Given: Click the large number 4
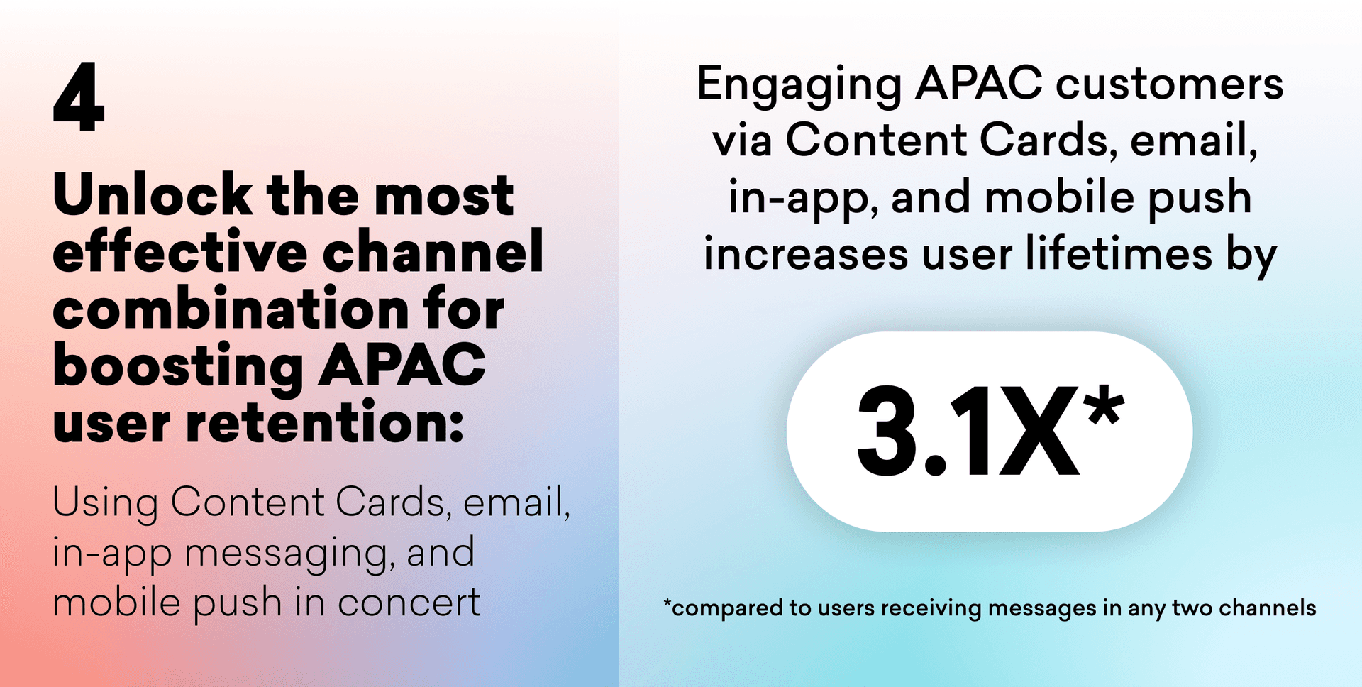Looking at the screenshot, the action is [79, 97].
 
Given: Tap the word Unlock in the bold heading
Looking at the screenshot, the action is [153, 194].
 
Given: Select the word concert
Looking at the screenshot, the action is [409, 603].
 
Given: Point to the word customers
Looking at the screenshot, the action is [1170, 84].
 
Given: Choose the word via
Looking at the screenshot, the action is [742, 140].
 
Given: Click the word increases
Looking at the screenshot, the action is [806, 255].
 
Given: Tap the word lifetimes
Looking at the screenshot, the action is [1119, 253].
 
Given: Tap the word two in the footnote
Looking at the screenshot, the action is [1192, 608].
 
